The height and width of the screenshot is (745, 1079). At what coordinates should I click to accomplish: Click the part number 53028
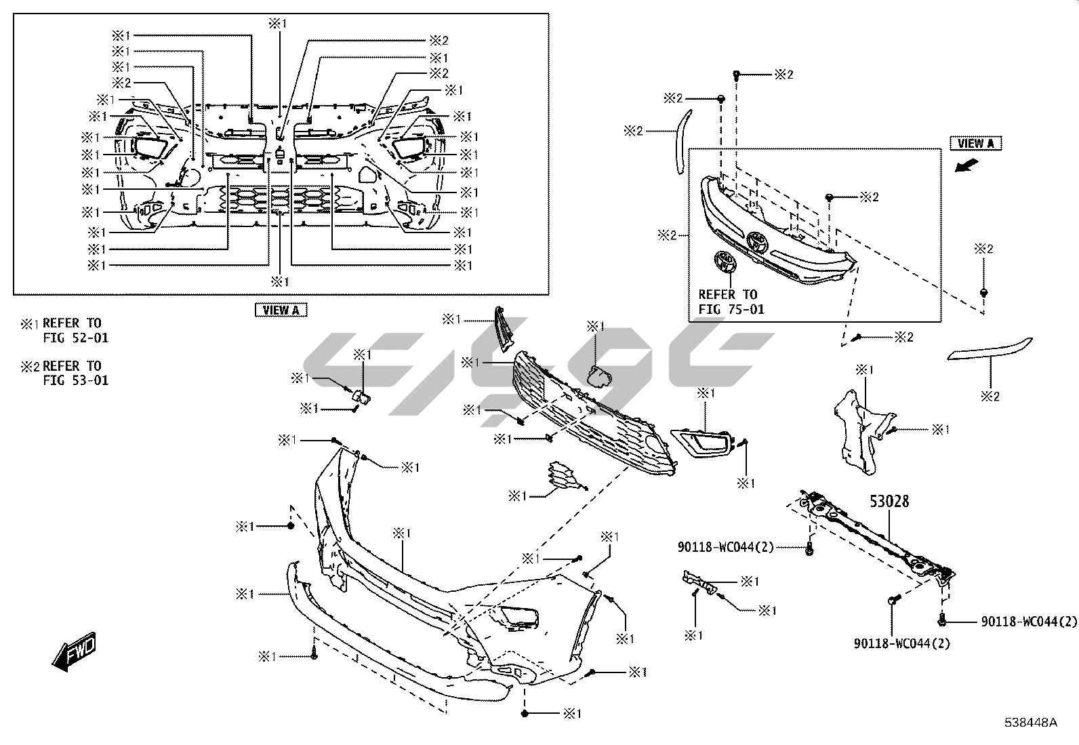pyautogui.click(x=889, y=502)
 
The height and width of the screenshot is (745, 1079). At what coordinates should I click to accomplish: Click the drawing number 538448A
pyautogui.click(x=1032, y=723)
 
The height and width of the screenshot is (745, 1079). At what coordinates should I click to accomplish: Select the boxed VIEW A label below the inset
pyautogui.click(x=281, y=310)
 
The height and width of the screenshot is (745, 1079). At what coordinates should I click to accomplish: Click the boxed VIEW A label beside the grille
pyautogui.click(x=975, y=143)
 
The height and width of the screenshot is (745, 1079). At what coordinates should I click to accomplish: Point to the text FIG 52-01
pyautogui.click(x=75, y=338)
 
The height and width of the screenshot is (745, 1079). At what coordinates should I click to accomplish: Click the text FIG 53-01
pyautogui.click(x=75, y=380)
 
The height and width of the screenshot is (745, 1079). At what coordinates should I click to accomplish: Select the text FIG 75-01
pyautogui.click(x=731, y=309)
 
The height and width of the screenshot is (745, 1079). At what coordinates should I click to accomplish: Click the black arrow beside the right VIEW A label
pyautogui.click(x=965, y=165)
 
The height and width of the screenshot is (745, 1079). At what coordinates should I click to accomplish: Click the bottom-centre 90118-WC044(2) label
pyautogui.click(x=901, y=643)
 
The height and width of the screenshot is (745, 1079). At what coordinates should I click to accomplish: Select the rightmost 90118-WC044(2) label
pyautogui.click(x=1028, y=621)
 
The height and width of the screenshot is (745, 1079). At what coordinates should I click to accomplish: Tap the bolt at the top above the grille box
pyautogui.click(x=737, y=74)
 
